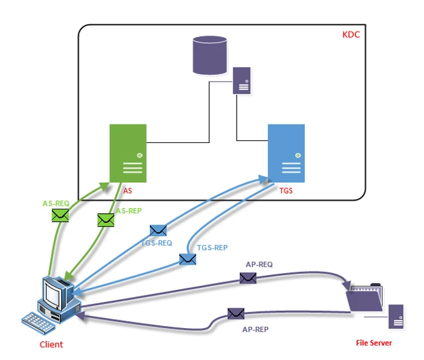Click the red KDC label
[351, 34]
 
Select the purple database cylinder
[210, 55]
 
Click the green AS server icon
[128, 153]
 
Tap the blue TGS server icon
[286, 153]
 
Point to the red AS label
[128, 190]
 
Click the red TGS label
[286, 190]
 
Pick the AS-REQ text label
[56, 203]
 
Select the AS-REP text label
[128, 210]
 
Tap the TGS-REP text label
[212, 247]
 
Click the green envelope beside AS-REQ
[61, 216]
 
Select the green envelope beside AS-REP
[106, 220]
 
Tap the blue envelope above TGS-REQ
[158, 230]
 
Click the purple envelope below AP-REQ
[248, 278]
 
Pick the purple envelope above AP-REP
[236, 313]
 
